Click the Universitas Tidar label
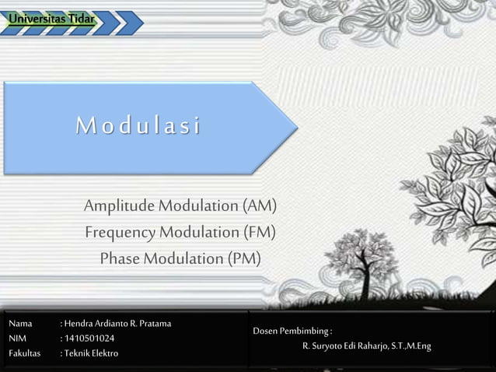tap(47, 18)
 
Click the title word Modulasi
tap(138, 126)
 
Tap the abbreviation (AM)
tap(259, 206)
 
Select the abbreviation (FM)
tap(259, 232)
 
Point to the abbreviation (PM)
tap(244, 258)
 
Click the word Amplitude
tap(120, 206)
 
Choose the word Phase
tap(120, 258)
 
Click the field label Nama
tap(20, 323)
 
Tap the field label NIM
tap(17, 339)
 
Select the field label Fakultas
tap(24, 353)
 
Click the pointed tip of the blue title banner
tap(296, 126)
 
